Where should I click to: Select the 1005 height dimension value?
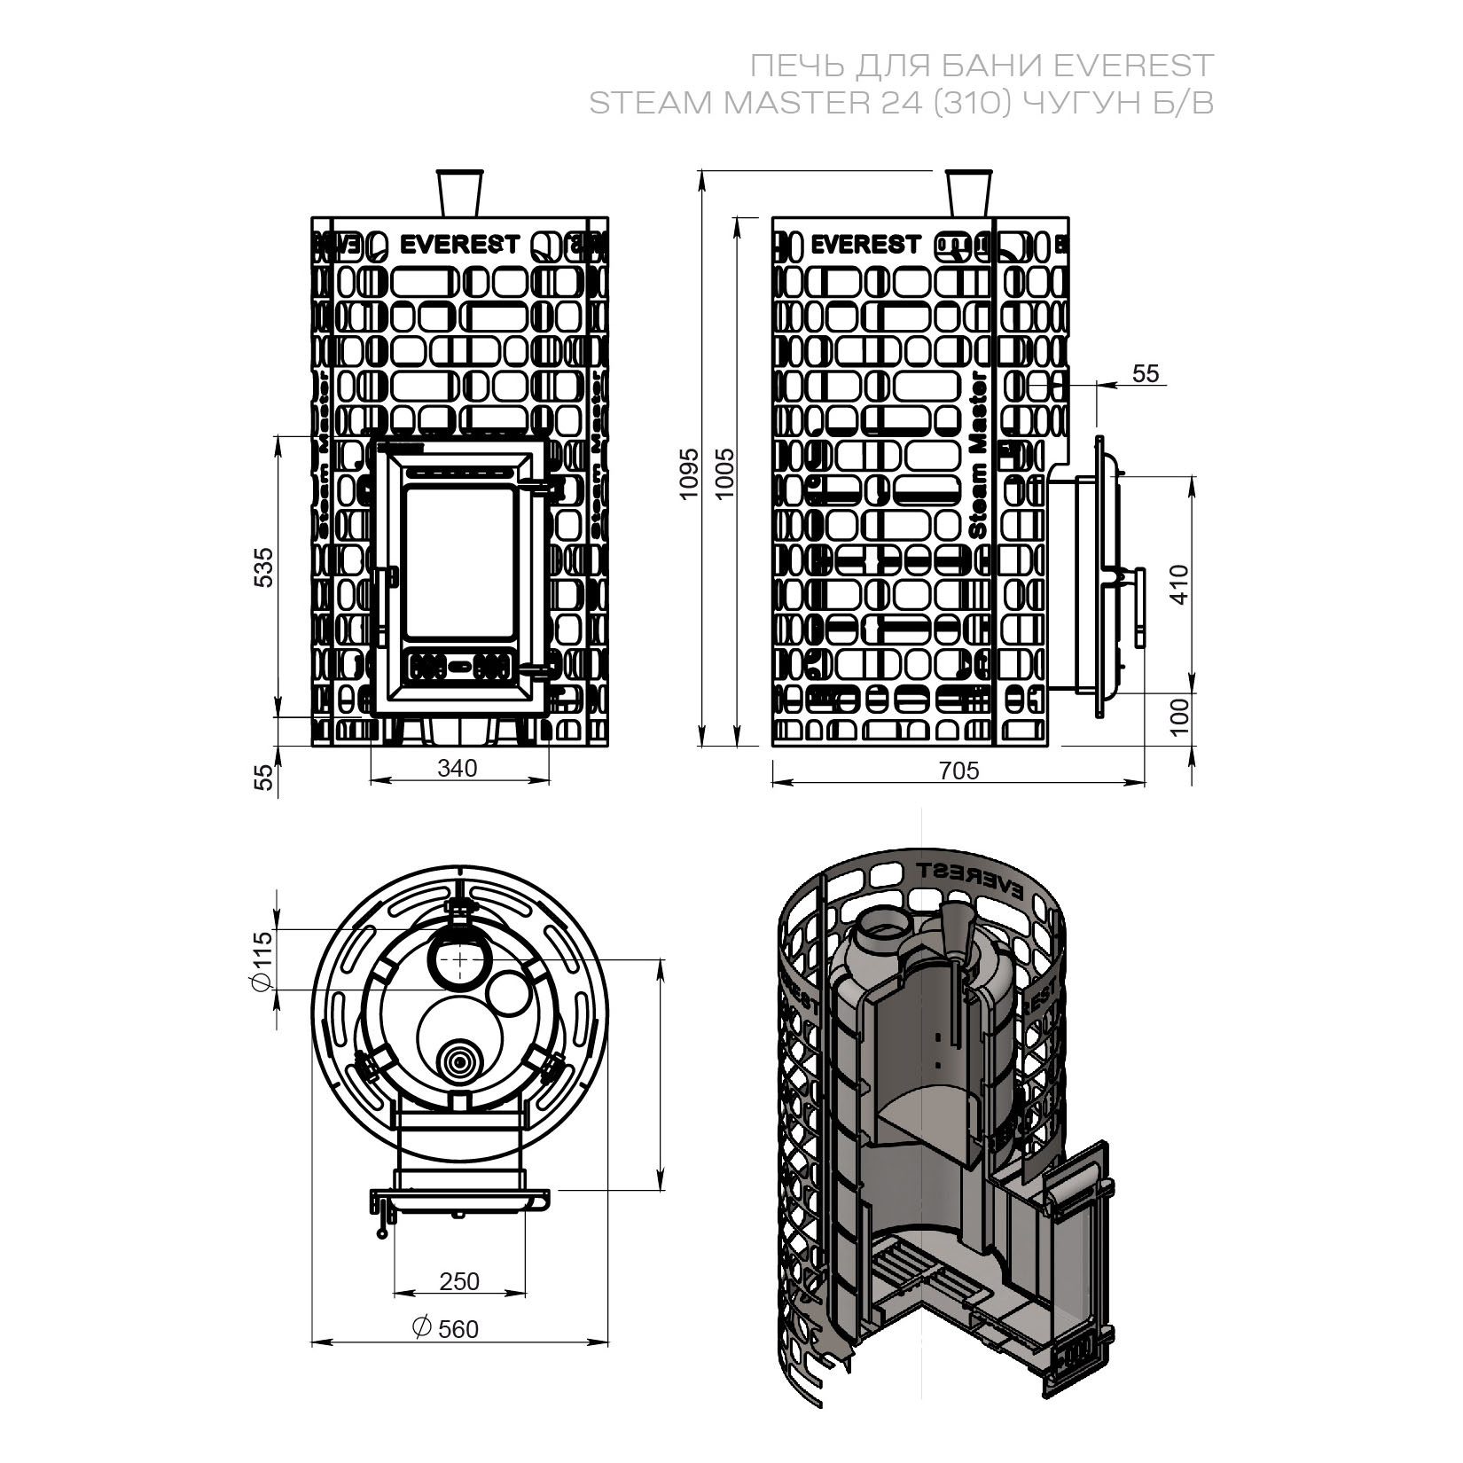click(x=724, y=473)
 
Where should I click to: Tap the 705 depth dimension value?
click(x=959, y=771)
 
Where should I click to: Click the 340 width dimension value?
click(x=458, y=768)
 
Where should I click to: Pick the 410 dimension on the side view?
click(x=1178, y=584)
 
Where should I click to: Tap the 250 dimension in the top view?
click(x=458, y=1281)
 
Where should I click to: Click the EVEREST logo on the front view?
click(x=459, y=245)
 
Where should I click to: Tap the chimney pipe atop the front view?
click(x=459, y=192)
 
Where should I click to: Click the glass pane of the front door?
click(x=459, y=561)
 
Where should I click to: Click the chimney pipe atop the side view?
click(x=967, y=192)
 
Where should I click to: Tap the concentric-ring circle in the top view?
click(x=460, y=1060)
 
